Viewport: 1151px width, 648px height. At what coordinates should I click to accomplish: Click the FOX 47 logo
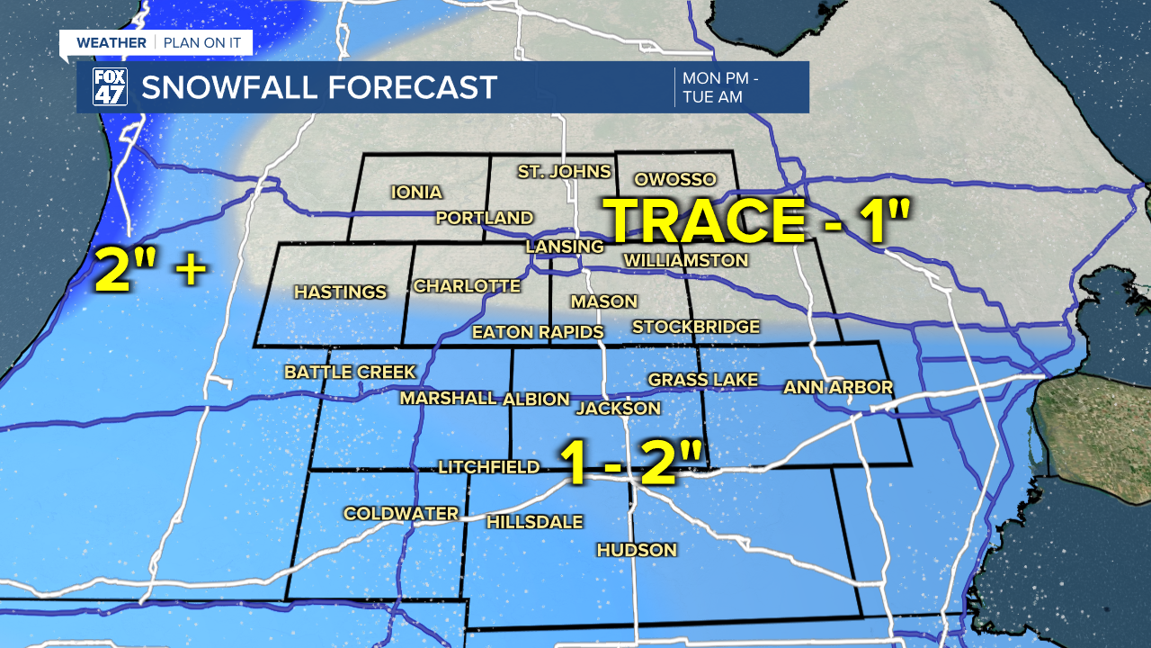(x=110, y=87)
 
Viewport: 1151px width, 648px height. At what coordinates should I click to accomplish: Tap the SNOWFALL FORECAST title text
(x=319, y=87)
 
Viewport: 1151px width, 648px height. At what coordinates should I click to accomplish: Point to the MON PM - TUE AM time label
(x=719, y=87)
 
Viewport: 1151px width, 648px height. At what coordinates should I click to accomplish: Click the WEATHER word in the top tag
(x=111, y=42)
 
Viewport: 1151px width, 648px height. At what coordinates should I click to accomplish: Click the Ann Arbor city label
(x=838, y=387)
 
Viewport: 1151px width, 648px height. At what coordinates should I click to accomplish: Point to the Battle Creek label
(x=350, y=372)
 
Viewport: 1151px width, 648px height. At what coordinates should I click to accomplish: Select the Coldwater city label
(x=401, y=513)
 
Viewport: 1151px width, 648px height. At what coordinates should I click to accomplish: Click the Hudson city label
(x=637, y=550)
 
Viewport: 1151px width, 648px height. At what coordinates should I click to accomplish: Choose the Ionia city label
(x=416, y=192)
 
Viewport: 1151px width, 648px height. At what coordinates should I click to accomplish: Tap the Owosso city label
(x=674, y=179)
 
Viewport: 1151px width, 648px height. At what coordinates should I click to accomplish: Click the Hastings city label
(x=340, y=292)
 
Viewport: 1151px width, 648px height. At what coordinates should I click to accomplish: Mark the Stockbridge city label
(x=696, y=327)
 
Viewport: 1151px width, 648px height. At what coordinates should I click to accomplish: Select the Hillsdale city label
(x=534, y=522)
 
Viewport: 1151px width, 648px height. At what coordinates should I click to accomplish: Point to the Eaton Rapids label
(x=538, y=332)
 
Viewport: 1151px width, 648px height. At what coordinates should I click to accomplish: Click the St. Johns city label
(x=564, y=171)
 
